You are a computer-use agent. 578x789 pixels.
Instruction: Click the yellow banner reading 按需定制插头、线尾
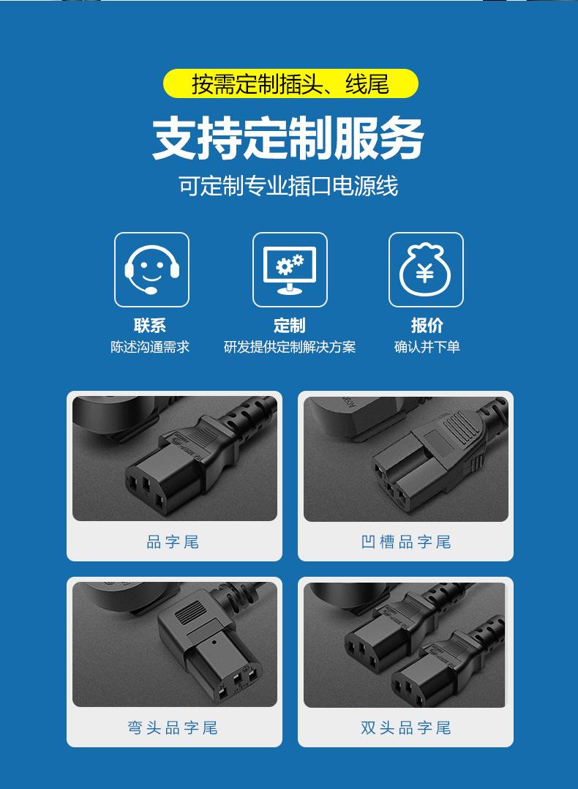(290, 84)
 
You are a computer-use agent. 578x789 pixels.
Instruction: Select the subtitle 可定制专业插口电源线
(288, 186)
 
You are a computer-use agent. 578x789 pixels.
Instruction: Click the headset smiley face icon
(151, 269)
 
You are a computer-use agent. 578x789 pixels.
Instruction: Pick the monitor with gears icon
(290, 269)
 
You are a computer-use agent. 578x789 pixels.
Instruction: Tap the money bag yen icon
(426, 269)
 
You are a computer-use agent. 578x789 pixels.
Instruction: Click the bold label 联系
(150, 326)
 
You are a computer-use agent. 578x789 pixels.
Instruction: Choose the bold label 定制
(290, 326)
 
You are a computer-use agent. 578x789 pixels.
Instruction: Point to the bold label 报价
(427, 326)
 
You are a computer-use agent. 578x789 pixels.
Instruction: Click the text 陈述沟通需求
(150, 347)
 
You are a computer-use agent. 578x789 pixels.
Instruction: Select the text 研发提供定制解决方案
(290, 347)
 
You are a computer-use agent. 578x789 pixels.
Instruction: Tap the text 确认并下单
(427, 347)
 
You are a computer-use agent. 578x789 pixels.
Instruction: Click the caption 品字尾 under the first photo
(173, 542)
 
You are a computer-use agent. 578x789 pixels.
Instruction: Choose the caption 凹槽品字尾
(406, 542)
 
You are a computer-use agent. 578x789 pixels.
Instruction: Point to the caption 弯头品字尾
(173, 728)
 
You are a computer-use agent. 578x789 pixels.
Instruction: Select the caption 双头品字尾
(406, 728)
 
